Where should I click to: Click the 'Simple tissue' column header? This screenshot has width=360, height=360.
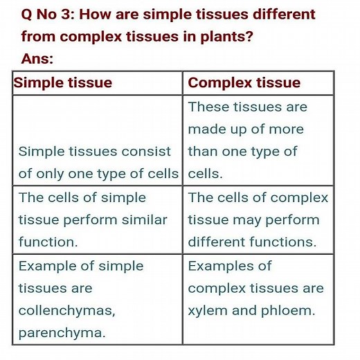pos(63,83)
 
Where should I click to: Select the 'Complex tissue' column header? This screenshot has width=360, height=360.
pos(244,83)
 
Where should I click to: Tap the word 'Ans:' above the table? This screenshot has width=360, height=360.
pos(37,59)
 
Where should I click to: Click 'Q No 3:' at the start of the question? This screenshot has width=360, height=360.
pos(46,15)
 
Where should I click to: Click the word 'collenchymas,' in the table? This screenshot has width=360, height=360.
pos(66,311)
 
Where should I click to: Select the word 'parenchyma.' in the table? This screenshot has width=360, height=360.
pos(62,333)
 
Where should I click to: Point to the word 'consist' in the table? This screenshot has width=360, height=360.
pos(147,152)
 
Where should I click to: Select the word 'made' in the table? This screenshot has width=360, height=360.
pos(206,129)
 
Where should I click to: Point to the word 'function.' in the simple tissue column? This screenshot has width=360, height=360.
pos(48,242)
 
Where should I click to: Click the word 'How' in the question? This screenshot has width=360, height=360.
pos(96,15)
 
